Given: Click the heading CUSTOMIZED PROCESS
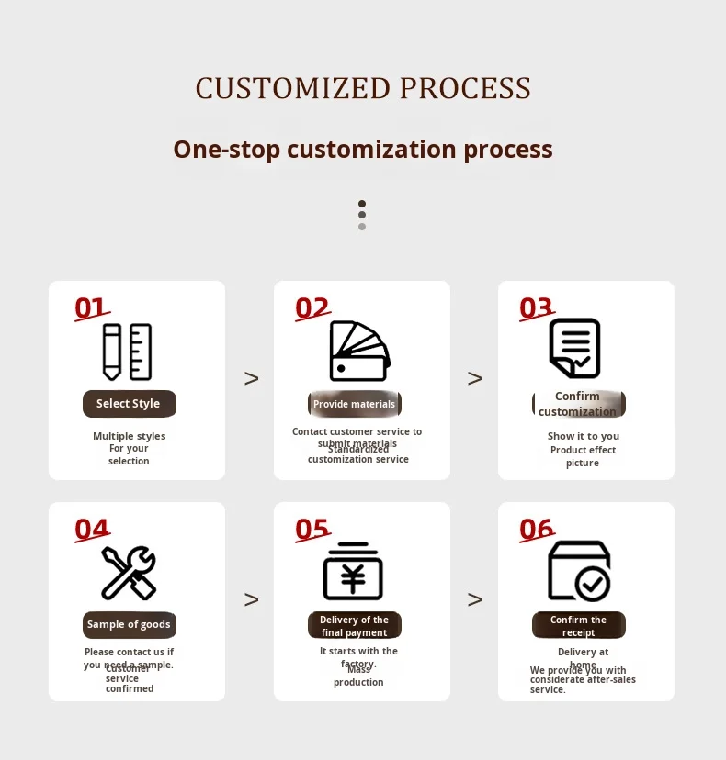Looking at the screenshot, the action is [363, 88].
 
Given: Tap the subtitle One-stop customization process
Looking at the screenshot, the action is [363, 149].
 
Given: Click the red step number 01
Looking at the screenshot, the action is [91, 307].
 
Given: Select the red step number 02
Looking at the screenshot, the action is [312, 307].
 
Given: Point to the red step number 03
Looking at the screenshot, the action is [537, 307].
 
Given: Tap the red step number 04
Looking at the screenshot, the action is [92, 529].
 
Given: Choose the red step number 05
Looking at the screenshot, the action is [312, 529].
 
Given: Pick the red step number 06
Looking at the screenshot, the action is [537, 529].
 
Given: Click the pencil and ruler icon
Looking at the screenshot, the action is [127, 352].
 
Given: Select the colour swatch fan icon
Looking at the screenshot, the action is [359, 352].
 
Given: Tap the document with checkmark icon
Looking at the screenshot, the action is [575, 348].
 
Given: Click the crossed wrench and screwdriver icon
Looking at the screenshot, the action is [129, 573].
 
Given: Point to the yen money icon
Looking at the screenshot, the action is [353, 571].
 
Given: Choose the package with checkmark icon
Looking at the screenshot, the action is [579, 571].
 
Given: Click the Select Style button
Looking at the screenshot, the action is [129, 404].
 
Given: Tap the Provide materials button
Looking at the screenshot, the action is [354, 404].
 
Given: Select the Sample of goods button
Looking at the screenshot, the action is [129, 625].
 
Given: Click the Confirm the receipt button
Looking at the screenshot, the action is [579, 625].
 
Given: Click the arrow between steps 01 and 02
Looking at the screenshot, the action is [251, 378].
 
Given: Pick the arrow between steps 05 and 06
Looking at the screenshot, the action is [474, 599].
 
